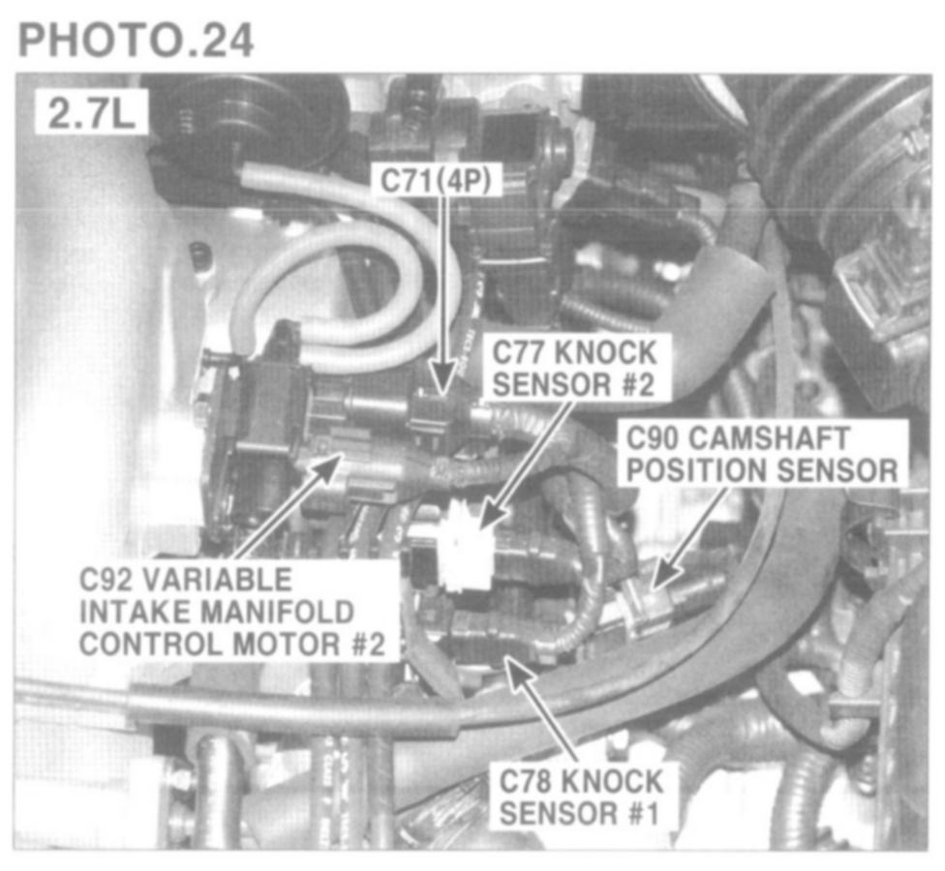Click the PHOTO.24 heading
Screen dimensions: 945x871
point(136,40)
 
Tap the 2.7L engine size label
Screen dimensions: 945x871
point(90,112)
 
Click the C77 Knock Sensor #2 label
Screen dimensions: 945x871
point(574,368)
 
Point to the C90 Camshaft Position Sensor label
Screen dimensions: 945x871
point(763,454)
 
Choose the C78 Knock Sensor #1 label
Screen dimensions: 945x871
point(580,797)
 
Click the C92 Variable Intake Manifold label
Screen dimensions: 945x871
point(232,612)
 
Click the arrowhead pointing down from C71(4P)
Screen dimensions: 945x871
point(444,377)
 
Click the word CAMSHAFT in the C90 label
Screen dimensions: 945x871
point(769,437)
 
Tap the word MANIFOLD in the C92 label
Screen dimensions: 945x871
point(277,612)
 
